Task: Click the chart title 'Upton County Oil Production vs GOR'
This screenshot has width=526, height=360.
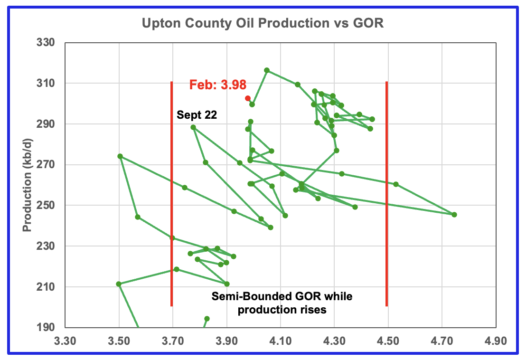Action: click(263, 23)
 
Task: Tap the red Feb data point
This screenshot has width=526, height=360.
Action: click(247, 98)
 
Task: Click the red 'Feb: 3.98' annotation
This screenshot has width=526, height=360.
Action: click(218, 85)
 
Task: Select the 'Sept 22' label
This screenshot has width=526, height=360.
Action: click(197, 115)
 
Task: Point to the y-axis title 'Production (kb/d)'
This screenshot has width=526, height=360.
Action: click(27, 185)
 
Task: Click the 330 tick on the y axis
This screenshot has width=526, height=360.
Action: click(45, 42)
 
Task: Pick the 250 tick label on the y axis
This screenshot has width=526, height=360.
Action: click(45, 205)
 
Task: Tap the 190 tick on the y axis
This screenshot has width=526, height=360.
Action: click(45, 327)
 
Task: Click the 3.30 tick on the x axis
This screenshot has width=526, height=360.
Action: click(65, 341)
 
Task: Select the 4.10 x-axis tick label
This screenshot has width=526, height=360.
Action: click(281, 341)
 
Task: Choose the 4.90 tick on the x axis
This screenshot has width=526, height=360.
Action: click(496, 341)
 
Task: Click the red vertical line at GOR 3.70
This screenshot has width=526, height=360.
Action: click(172, 194)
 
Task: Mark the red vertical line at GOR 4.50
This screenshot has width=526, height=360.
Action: click(387, 194)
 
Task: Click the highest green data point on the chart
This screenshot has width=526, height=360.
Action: click(267, 70)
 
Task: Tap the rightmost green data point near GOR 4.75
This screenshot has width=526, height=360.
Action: click(454, 214)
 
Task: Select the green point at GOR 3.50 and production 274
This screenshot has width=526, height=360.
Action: click(120, 156)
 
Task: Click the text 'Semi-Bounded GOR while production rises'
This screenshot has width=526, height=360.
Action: click(282, 303)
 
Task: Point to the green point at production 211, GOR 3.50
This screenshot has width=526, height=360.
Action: click(118, 284)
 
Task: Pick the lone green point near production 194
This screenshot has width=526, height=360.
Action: click(207, 318)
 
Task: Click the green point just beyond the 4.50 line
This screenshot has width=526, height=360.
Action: click(396, 184)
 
